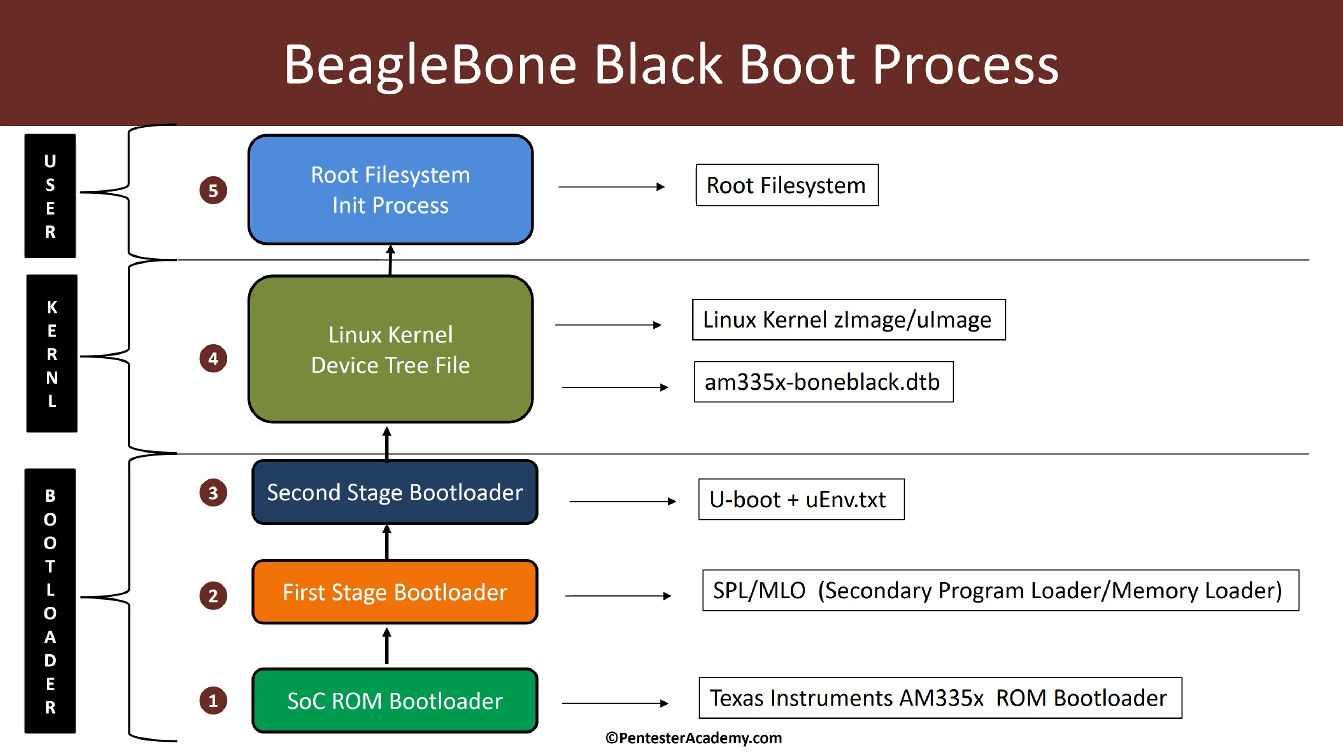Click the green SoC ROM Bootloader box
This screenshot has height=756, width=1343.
[395, 700]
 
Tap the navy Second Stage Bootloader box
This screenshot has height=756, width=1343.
[395, 492]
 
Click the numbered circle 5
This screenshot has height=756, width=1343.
[213, 190]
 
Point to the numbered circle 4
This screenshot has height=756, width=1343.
[213, 358]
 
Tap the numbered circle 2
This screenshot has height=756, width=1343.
[213, 595]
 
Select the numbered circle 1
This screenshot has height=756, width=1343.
[213, 700]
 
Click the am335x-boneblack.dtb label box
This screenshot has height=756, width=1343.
[823, 382]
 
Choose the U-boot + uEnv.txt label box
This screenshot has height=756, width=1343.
[801, 499]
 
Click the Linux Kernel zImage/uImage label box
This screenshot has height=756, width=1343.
[848, 319]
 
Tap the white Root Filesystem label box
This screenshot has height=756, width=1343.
[787, 185]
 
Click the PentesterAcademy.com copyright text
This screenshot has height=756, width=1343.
[694, 738]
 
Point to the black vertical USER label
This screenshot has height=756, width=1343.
[50, 196]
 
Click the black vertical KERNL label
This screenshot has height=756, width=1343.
[52, 353]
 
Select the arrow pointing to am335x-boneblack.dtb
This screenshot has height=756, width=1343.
[615, 387]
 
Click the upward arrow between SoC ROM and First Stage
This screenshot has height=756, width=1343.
[386, 646]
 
